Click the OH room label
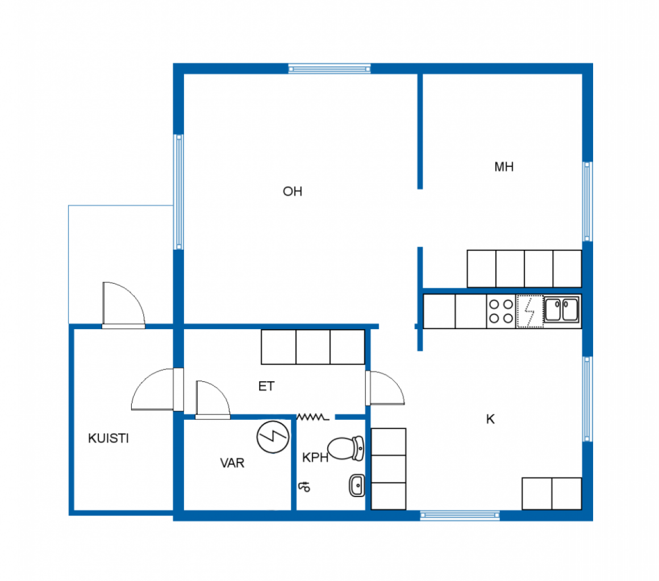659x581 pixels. point(293,191)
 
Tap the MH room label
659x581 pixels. point(504,167)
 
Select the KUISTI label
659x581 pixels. point(109,438)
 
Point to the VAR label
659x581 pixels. point(232,462)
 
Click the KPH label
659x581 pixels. point(315,457)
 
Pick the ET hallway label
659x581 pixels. point(266,386)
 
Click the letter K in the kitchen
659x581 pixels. point(490,419)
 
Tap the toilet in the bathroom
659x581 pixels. point(345,448)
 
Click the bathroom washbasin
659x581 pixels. point(357,486)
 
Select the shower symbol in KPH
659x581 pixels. point(304,487)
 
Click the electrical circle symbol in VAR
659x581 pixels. point(273,437)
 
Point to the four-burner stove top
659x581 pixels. point(501,311)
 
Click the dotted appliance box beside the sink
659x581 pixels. point(529,311)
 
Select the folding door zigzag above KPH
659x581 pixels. point(312,417)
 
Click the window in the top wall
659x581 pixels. point(330,69)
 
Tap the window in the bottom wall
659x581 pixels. point(460,515)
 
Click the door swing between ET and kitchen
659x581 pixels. point(385,388)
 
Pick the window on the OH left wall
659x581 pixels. point(178,192)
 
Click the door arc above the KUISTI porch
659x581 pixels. point(124,304)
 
